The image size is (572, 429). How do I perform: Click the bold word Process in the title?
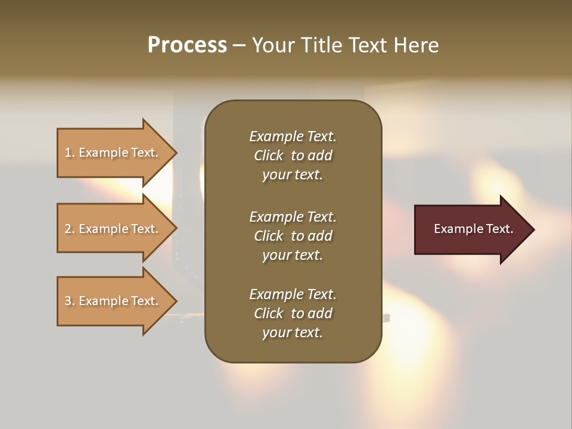tap(187, 45)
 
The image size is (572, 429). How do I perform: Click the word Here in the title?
tap(416, 45)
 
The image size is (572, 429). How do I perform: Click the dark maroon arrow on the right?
tap(471, 229)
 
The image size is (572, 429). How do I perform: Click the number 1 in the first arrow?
tap(68, 153)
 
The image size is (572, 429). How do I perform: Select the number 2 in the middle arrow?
tap(68, 229)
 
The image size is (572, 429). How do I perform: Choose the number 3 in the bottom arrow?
tap(68, 301)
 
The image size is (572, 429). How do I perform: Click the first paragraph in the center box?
tap(293, 156)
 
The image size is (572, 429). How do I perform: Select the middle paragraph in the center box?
tap(293, 236)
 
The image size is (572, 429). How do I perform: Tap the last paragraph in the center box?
tap(293, 313)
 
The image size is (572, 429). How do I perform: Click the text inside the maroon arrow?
tap(473, 229)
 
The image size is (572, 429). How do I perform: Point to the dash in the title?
tap(240, 46)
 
